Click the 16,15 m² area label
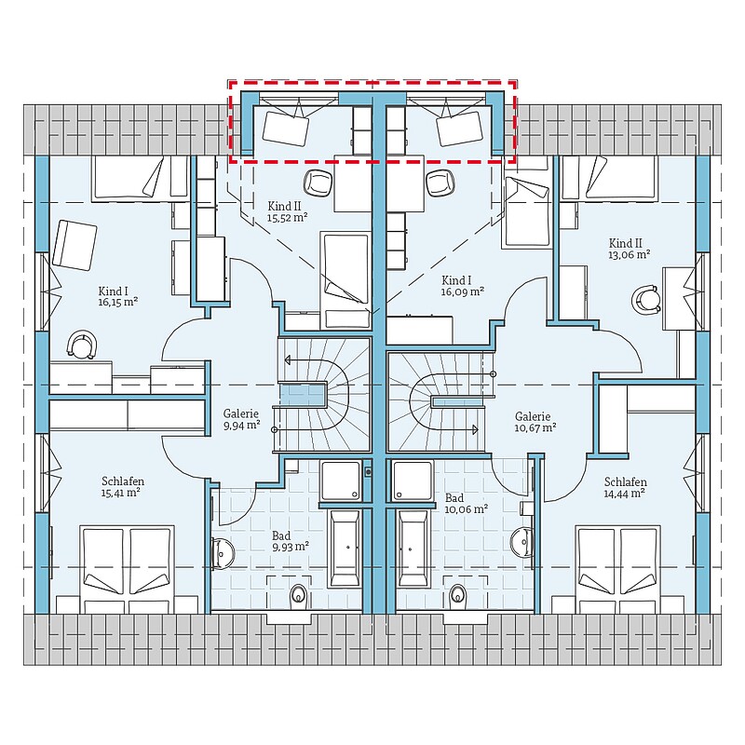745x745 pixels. click(118, 302)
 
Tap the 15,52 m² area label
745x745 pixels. click(287, 218)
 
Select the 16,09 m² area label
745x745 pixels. click(462, 291)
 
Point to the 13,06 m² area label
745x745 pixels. click(630, 254)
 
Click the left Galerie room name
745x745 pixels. click(241, 413)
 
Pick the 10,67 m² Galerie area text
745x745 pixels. click(535, 427)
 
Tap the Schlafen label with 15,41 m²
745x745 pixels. click(123, 481)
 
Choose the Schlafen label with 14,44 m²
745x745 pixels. click(625, 481)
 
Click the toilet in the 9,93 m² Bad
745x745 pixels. click(298, 595)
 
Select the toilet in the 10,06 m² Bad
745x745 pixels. click(458, 595)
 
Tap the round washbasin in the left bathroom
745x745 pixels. click(223, 553)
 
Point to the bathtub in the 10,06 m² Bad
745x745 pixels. click(413, 549)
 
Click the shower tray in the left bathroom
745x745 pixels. click(341, 481)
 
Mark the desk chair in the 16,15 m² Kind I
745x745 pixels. click(82, 345)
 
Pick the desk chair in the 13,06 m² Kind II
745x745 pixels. click(645, 299)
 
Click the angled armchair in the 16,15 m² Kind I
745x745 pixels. click(74, 245)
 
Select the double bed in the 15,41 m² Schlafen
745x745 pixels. click(127, 569)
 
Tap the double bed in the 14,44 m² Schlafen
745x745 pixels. click(617, 569)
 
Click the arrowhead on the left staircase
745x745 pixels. click(287, 360)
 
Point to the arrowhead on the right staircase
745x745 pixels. click(475, 429)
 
